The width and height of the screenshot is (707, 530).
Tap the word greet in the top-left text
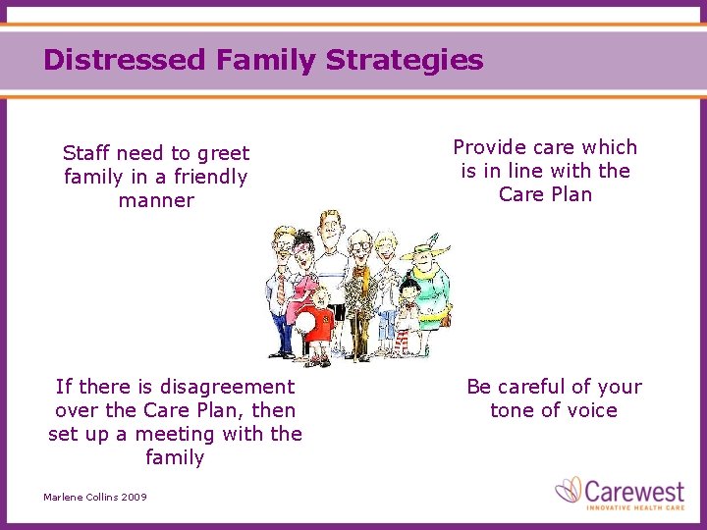point(223,153)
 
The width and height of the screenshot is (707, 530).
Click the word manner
point(156,200)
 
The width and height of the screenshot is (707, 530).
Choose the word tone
point(513,410)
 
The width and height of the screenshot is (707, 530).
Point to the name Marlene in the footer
point(64,498)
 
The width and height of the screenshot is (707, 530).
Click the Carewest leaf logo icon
point(569,490)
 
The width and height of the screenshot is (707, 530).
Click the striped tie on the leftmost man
point(282,289)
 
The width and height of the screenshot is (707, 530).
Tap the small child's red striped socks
point(402,342)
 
